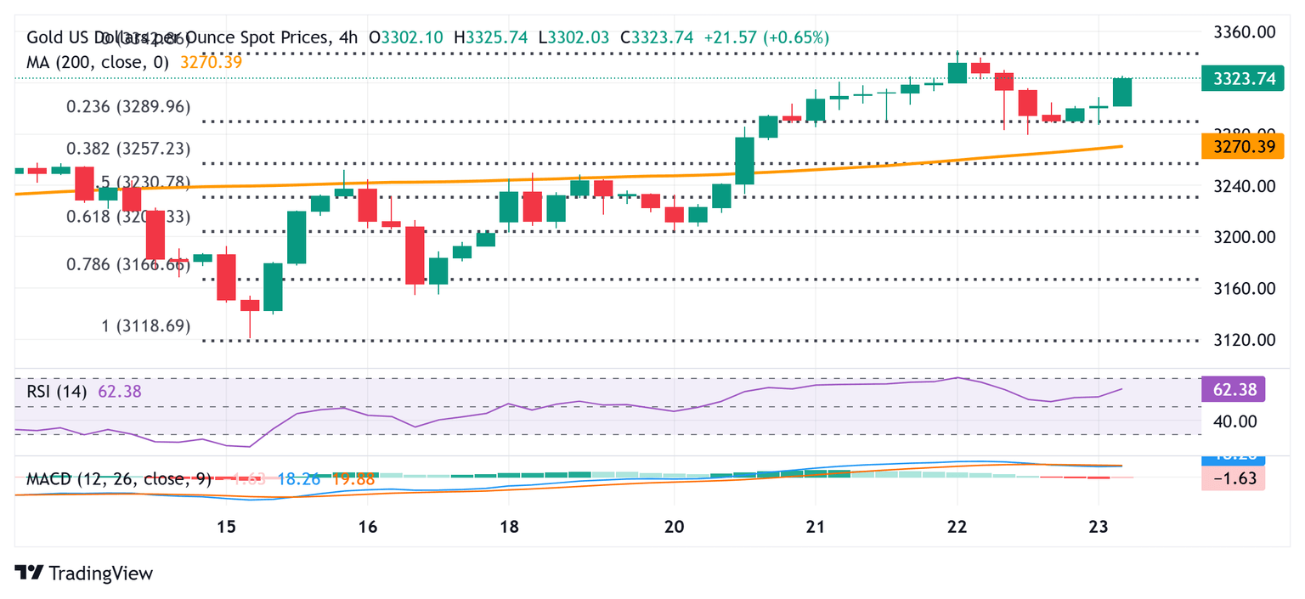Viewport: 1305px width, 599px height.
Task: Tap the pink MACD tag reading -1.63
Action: (1234, 478)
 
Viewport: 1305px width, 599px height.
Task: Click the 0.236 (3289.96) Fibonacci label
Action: (128, 107)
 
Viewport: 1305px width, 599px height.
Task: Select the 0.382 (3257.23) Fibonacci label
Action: (128, 149)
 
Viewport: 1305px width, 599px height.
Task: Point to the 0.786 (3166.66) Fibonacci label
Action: (128, 264)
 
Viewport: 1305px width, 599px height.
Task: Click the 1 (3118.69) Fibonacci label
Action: (146, 326)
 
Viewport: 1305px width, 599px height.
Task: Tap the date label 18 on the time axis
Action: (508, 527)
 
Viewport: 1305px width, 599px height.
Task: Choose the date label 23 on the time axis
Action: (1099, 527)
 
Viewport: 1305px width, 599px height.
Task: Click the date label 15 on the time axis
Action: (225, 527)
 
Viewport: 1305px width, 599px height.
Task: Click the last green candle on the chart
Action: (1122, 92)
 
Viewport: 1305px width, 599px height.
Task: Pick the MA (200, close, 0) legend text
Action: (98, 62)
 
